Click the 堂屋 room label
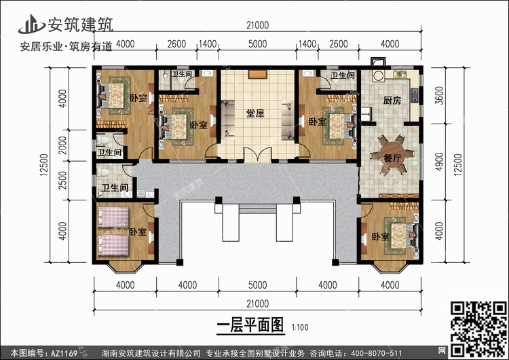[255, 113]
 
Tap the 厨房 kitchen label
[392, 101]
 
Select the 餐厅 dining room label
[390, 155]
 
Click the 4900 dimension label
[438, 160]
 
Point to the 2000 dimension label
[62, 145]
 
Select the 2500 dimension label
[62, 181]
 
